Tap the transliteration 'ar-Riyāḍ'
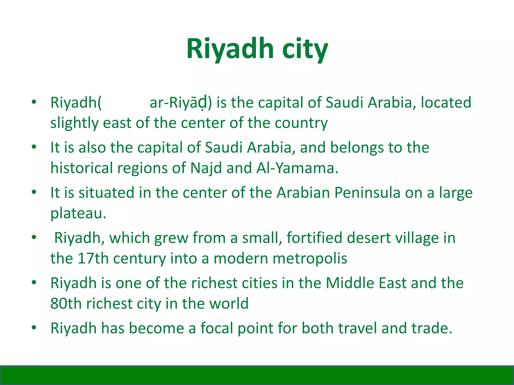click(179, 103)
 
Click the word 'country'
click(301, 123)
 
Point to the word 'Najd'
click(206, 168)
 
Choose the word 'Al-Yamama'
click(297, 168)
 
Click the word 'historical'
click(82, 168)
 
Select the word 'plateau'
click(78, 214)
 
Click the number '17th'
click(93, 258)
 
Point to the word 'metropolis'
click(310, 258)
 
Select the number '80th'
click(66, 304)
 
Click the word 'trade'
click(431, 328)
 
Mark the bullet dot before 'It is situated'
click(34, 192)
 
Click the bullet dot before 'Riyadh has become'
click(34, 328)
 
